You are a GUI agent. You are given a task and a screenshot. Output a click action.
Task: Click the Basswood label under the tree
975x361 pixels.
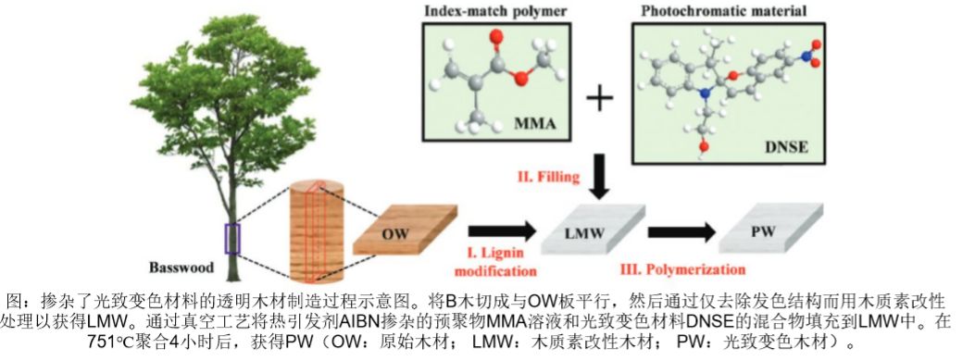181,268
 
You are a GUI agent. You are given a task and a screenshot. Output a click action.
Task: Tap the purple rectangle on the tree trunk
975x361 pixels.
232,239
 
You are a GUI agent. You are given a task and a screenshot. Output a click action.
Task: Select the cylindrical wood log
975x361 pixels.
317,230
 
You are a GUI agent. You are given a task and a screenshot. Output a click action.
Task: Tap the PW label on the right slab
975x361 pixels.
763,231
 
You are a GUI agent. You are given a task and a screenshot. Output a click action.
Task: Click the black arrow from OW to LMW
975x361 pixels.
502,231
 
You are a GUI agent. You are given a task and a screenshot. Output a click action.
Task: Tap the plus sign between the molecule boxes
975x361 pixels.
600,99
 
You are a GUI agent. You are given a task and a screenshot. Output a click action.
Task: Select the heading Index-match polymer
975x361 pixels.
496,10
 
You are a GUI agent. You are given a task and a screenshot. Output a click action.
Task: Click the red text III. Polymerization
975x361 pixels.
683,269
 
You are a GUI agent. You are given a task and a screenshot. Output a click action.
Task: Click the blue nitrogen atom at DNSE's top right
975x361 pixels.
806,56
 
